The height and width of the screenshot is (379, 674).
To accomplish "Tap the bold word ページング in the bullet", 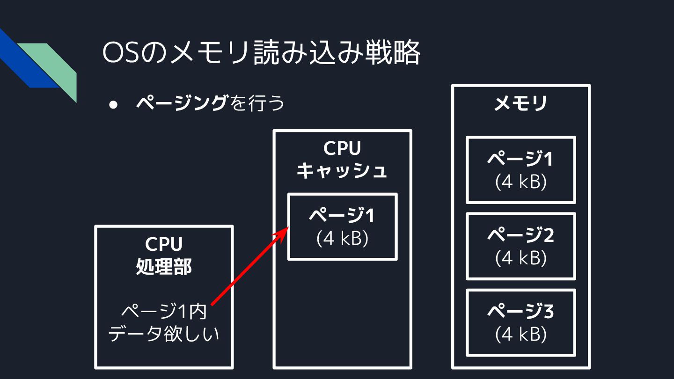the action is [181, 103].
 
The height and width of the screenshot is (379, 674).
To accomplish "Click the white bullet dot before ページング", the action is [113, 104].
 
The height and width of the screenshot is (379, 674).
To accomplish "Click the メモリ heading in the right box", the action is [520, 103].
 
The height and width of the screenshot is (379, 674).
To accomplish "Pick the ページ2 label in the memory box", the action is [520, 235].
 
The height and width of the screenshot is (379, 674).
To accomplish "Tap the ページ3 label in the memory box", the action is [520, 312].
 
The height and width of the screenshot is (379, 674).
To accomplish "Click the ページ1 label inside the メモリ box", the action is [520, 160].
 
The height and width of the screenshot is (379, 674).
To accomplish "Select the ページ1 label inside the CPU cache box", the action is [342, 216].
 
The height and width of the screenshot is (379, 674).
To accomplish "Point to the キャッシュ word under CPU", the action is [342, 170].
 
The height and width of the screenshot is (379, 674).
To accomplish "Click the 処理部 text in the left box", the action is [164, 267].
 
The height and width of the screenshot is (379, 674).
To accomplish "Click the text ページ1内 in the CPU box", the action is [164, 312].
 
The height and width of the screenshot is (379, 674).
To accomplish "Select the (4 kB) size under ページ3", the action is [520, 334].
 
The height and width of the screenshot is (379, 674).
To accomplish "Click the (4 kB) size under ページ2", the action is [520, 258].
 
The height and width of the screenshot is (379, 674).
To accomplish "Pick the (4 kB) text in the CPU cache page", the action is [342, 239].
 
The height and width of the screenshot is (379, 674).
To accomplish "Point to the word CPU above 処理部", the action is [164, 244].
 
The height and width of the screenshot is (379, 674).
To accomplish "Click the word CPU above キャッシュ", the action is [342, 149].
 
